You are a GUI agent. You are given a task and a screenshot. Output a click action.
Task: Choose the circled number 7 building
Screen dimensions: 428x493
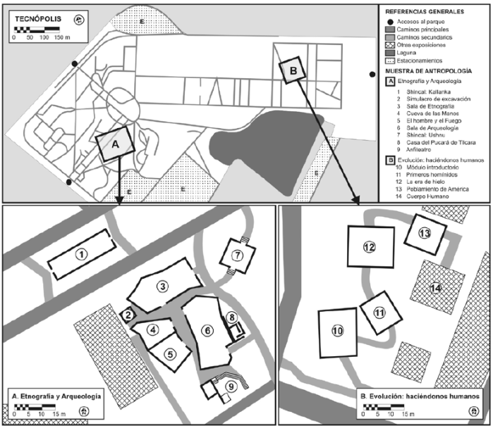pyautogui.click(x=237, y=253)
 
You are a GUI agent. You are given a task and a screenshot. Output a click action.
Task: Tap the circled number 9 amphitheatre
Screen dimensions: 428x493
pyautogui.click(x=229, y=385)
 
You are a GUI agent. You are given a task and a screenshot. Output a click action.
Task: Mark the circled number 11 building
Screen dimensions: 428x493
pyautogui.click(x=379, y=312)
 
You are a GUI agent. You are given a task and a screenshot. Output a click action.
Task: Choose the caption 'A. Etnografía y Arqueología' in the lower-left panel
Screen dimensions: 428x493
pyautogui.click(x=56, y=397)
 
